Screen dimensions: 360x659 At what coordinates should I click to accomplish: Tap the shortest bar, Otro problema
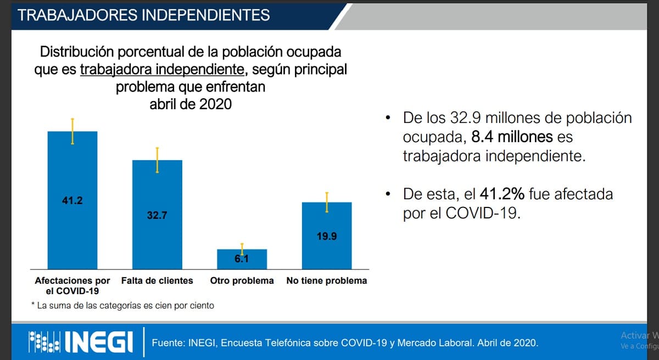[242, 259]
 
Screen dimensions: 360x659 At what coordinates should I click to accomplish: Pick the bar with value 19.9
[327, 247]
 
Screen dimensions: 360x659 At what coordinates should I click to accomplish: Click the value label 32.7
[157, 216]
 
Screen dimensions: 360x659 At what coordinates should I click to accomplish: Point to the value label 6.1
[242, 259]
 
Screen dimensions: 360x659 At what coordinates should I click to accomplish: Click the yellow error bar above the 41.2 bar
[72, 131]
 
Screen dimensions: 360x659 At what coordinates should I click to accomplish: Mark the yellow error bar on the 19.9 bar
[327, 203]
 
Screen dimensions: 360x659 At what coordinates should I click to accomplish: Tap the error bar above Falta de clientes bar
[157, 160]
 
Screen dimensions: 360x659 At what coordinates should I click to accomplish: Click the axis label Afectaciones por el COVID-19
[72, 285]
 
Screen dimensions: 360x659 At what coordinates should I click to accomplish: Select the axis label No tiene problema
[327, 281]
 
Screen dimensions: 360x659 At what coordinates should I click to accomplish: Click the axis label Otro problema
[242, 281]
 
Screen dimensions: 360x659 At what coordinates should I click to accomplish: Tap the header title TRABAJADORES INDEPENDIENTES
[144, 15]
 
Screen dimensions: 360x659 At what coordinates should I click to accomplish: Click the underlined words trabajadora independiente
[162, 70]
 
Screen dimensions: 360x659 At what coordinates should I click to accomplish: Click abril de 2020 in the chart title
[191, 104]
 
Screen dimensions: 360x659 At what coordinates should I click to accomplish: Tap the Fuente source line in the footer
[345, 343]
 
